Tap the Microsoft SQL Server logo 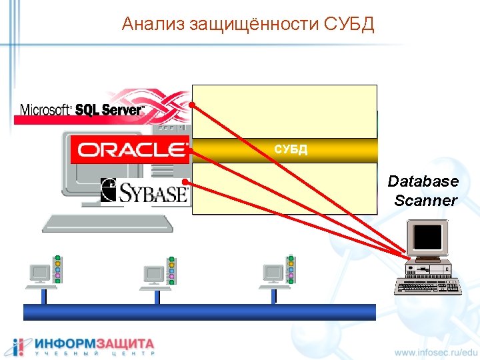coord(82,110)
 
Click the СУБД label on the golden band coord(291,149)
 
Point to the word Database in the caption coord(423,181)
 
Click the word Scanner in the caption coord(425,200)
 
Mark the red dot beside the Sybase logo coord(185,183)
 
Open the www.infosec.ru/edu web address coord(436,351)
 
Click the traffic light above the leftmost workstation coord(58,269)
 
